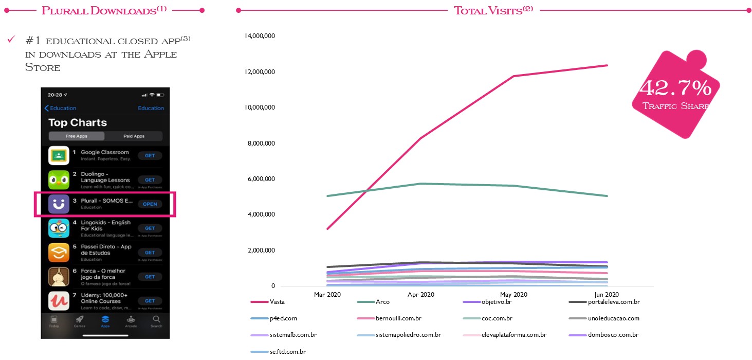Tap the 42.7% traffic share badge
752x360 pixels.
click(x=675, y=95)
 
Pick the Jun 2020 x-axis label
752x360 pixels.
click(x=607, y=295)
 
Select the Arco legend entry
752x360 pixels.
click(x=382, y=302)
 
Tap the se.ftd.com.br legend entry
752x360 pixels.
click(x=287, y=352)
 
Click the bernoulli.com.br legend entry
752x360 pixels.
click(x=398, y=318)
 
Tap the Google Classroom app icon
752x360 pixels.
click(x=59, y=155)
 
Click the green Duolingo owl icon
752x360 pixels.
click(x=59, y=179)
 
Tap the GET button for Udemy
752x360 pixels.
click(x=150, y=301)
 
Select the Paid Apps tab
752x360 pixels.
click(x=134, y=136)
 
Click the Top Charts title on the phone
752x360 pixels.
click(x=78, y=123)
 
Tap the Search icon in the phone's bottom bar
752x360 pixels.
click(x=156, y=321)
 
